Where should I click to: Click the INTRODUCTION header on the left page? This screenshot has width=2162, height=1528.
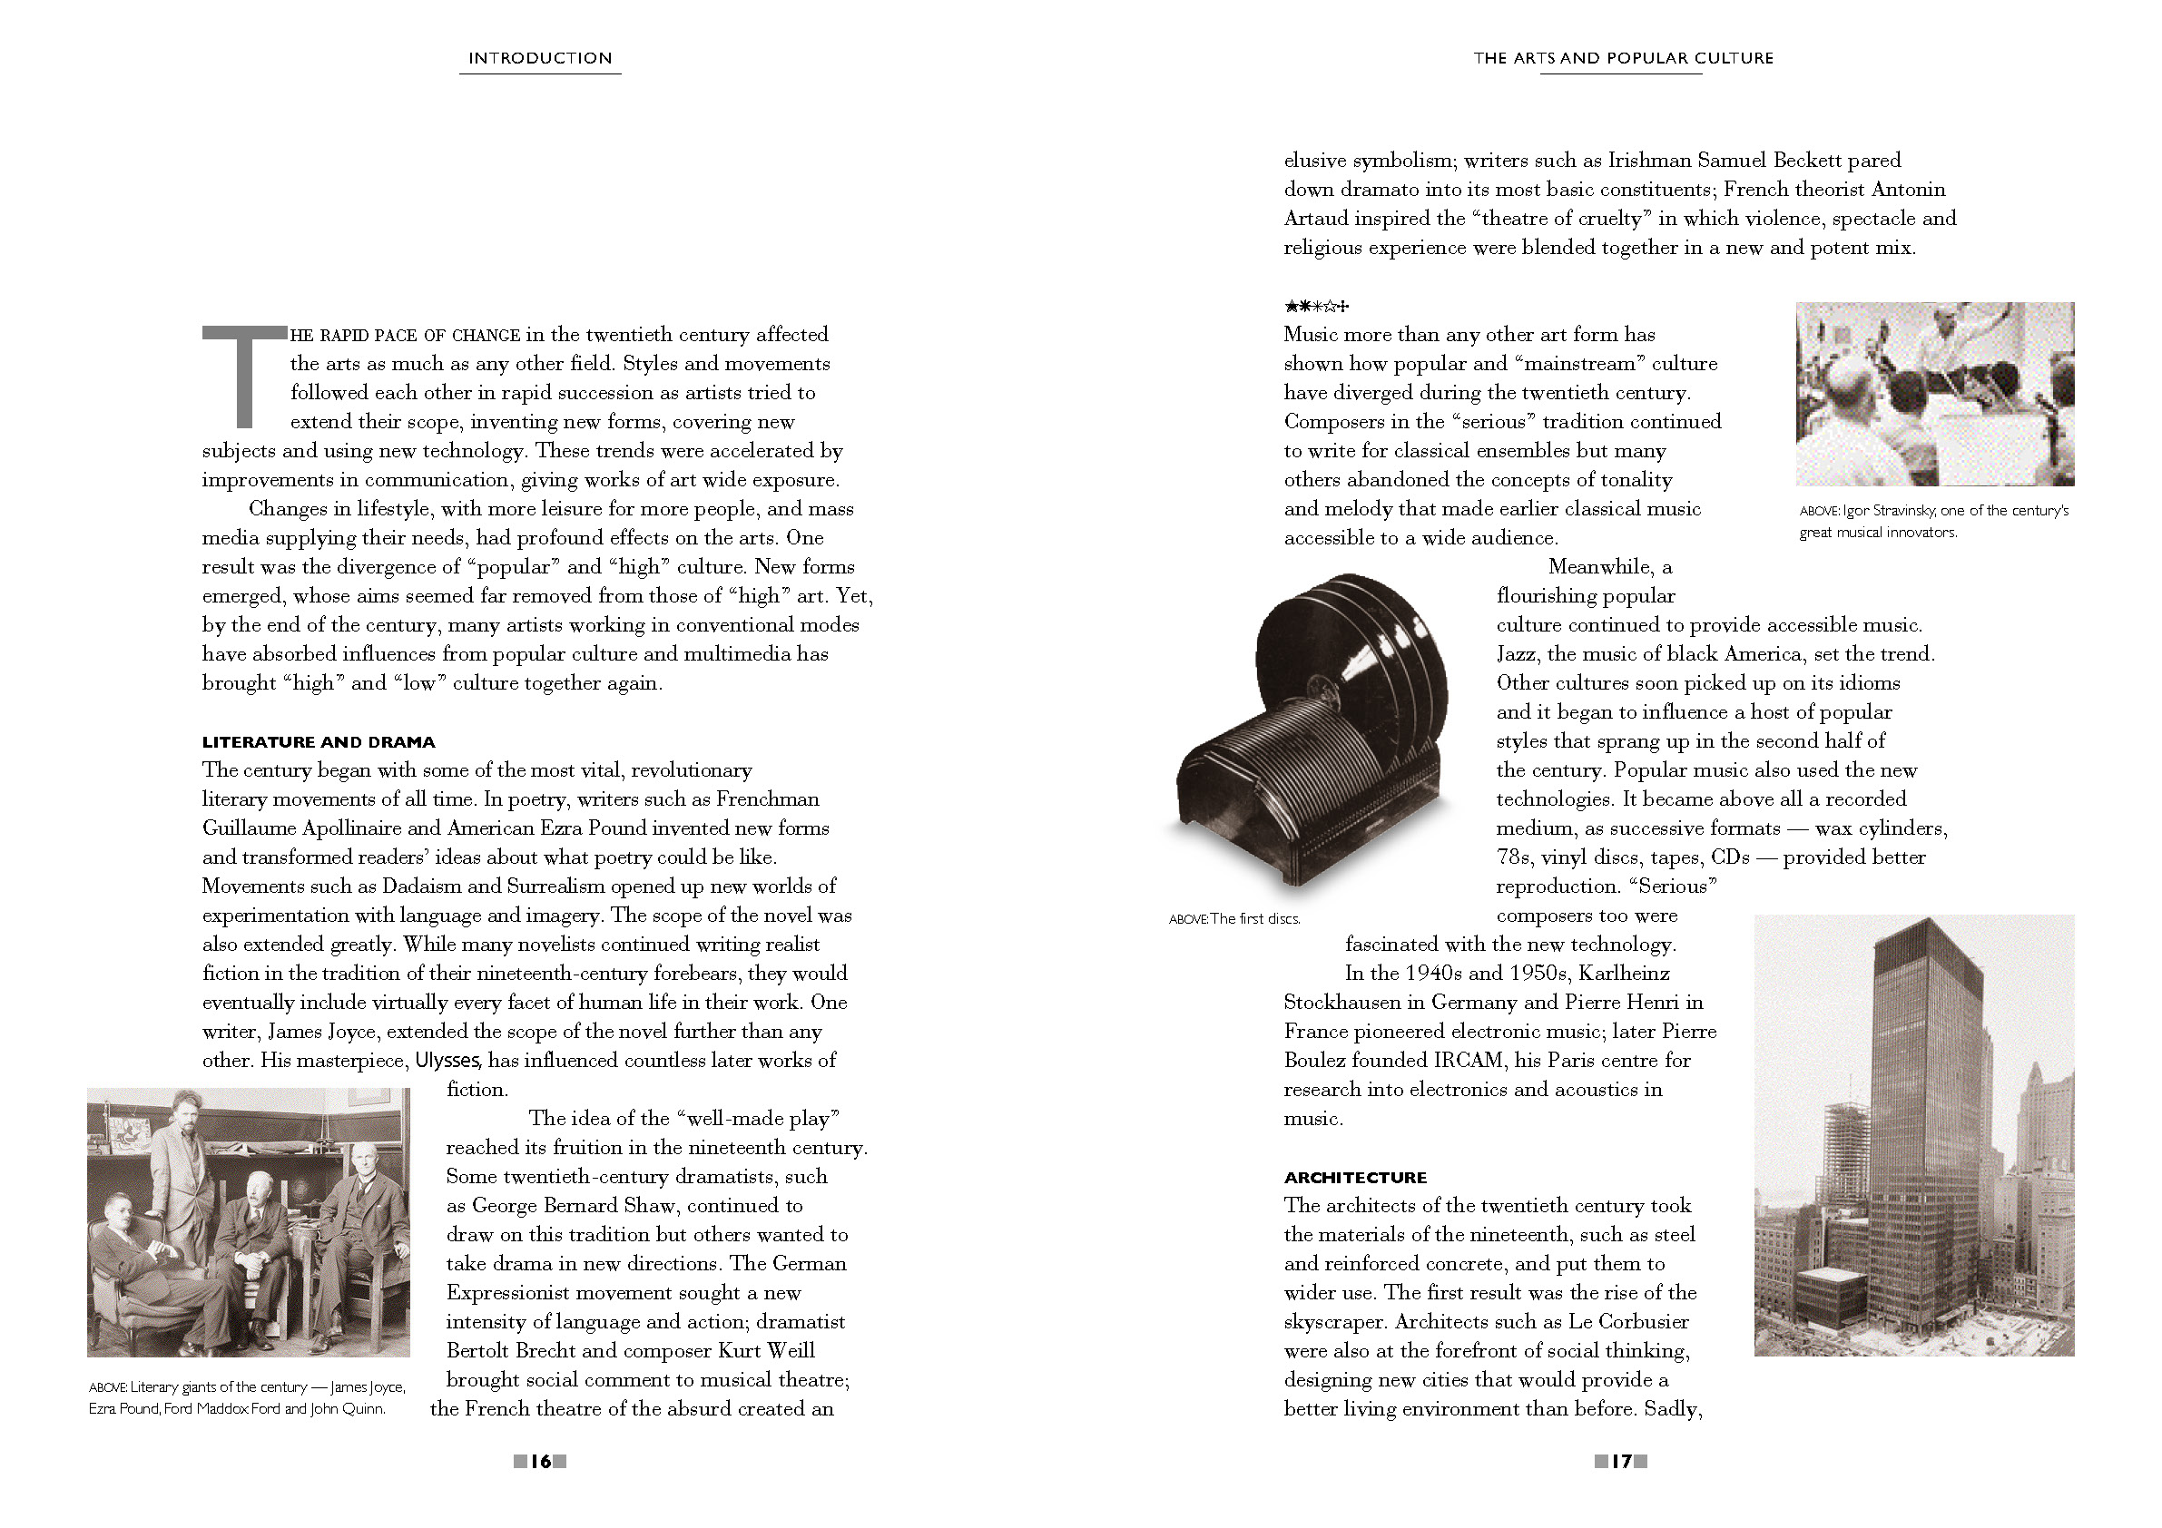(541, 58)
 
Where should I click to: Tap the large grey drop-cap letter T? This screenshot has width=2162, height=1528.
(244, 376)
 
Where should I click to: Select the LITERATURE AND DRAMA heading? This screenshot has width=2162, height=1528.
(319, 742)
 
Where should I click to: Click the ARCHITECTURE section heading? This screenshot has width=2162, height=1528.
(1355, 1177)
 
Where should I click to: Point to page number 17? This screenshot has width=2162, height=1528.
(1620, 1461)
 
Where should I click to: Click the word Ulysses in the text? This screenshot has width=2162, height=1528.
(448, 1060)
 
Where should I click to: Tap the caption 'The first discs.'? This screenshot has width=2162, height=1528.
(1234, 919)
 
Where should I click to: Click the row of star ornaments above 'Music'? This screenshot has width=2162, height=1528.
(1316, 306)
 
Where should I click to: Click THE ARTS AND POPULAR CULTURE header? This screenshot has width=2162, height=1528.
(1623, 58)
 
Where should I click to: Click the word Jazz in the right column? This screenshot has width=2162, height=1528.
(1515, 653)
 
